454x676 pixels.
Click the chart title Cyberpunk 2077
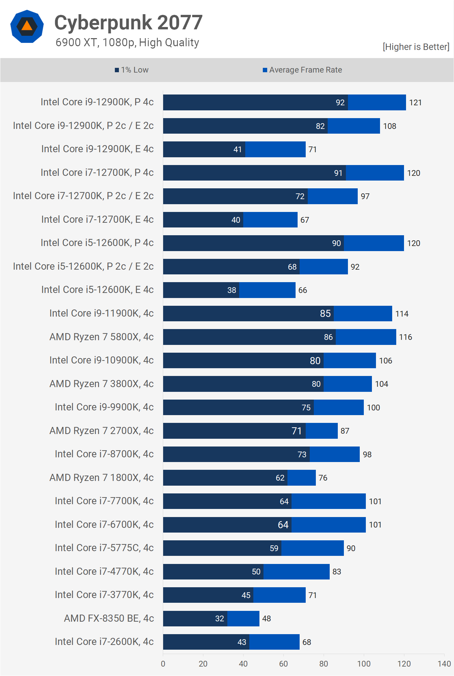tap(128, 23)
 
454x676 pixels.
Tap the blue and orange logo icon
tap(27, 26)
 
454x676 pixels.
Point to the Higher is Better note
tap(416, 47)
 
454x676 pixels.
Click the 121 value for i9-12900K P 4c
tap(415, 103)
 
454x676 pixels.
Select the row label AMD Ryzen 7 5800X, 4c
tap(101, 337)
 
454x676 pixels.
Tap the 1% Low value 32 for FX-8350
tap(220, 619)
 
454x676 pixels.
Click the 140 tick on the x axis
tap(444, 664)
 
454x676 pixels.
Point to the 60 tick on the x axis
tap(283, 664)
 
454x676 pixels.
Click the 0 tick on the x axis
tap(163, 664)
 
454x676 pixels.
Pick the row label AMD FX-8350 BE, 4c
tap(109, 618)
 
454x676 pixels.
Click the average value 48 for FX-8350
tap(267, 619)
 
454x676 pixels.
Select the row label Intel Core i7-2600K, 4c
tap(104, 642)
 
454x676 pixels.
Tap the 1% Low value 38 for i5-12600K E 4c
tap(232, 290)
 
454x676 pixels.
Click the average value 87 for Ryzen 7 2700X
tap(345, 431)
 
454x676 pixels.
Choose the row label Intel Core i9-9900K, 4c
tap(104, 407)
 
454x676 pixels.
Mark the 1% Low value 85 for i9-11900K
tap(325, 314)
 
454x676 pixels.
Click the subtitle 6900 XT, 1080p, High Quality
tap(127, 43)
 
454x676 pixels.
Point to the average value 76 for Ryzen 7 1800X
tap(323, 478)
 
